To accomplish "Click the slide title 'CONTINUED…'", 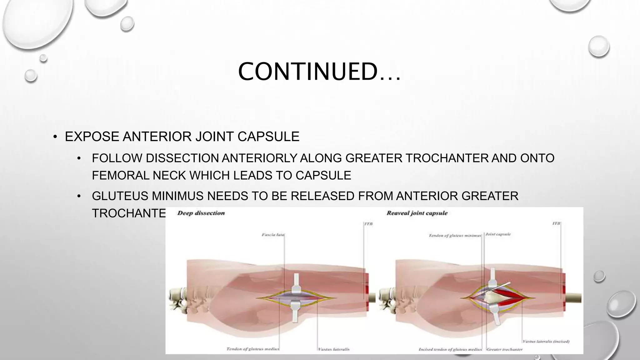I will pos(319,72).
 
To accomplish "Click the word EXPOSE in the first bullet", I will pos(92,137).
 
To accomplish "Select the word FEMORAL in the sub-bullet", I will pos(120,175).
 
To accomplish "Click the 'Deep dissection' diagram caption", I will pos(201,213).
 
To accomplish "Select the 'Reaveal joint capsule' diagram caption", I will pos(417,213).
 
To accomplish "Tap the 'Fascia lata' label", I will pos(273,234).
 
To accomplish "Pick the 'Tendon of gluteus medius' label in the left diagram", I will pos(252,349).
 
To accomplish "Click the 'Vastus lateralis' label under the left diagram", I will pos(333,349).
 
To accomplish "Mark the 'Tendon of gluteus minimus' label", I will pos(455,235).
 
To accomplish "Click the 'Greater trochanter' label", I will pos(504,349).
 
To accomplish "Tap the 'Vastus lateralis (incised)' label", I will pos(546,342).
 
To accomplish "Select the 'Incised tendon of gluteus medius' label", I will pos(450,349).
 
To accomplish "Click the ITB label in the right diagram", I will pos(557,223).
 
